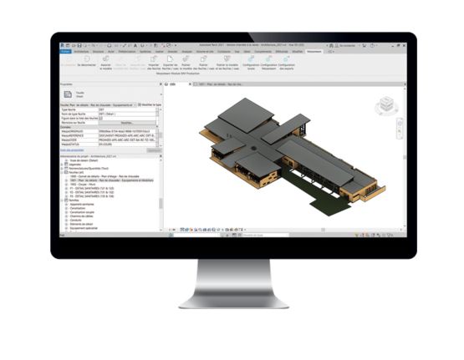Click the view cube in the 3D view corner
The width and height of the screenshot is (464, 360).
pos(385,104)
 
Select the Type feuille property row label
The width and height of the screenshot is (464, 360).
pos(76,109)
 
